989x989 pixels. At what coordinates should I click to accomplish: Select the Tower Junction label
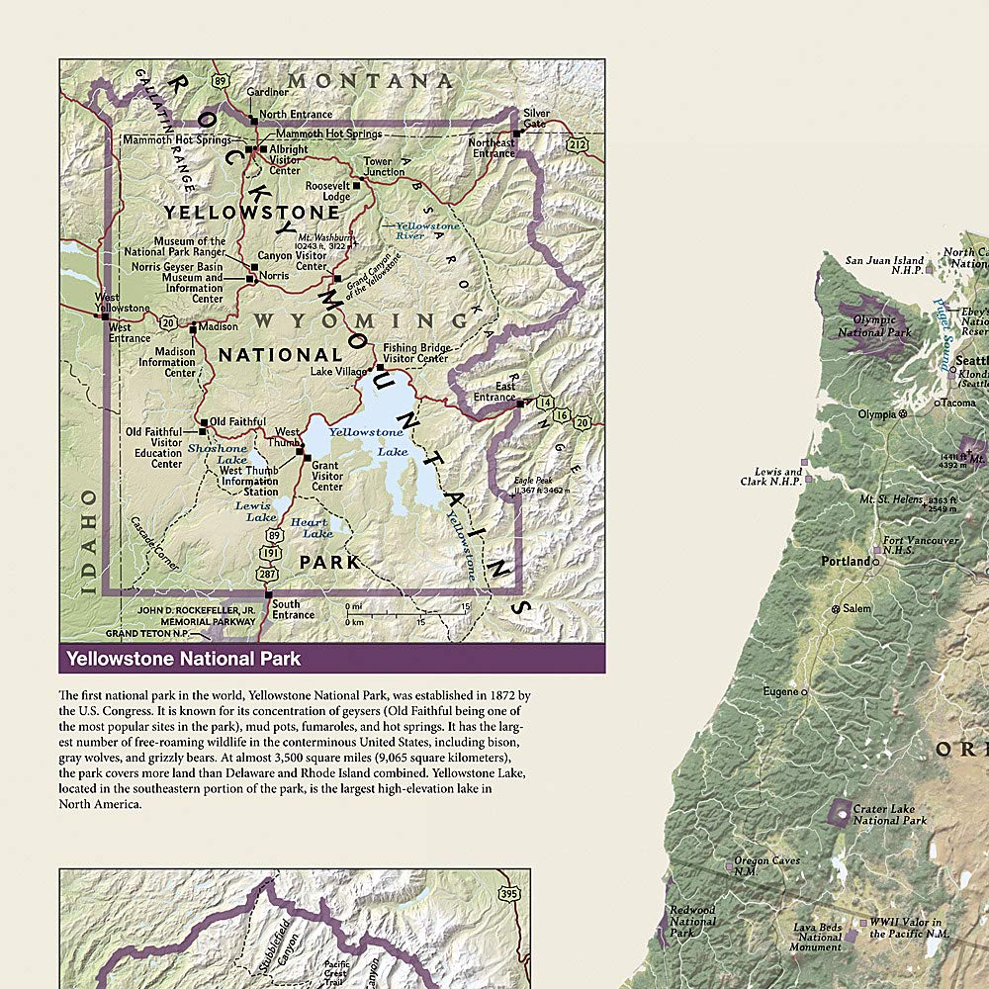coord(384,166)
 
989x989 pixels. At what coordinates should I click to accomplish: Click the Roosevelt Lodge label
coord(328,191)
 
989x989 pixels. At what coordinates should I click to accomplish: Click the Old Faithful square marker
coord(204,423)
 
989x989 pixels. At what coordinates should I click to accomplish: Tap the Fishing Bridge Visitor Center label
coord(417,353)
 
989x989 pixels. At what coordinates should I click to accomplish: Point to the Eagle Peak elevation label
coord(542,486)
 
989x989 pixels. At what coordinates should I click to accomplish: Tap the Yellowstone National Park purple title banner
coord(331,658)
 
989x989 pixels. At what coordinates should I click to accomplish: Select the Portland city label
coord(846,561)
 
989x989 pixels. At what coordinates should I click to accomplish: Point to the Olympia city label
coord(877,413)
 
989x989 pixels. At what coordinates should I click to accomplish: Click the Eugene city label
coord(781,691)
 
